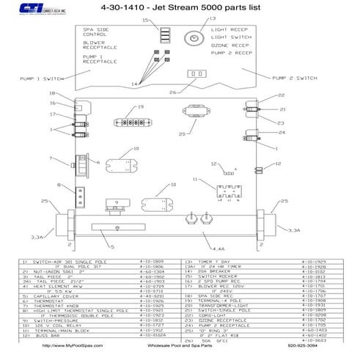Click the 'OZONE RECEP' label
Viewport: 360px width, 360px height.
[x=227, y=45]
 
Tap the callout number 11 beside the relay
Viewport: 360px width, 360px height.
[x=194, y=180]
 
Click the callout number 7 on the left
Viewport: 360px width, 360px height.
[x=51, y=158]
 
